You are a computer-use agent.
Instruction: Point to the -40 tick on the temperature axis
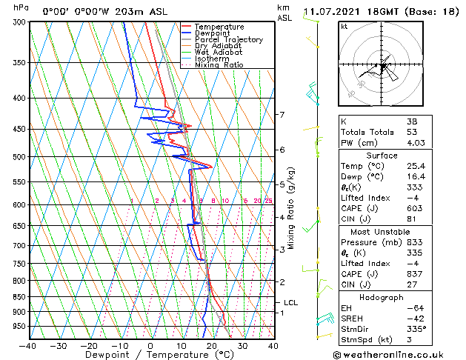[x=27, y=345]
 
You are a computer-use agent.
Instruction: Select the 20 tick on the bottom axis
[x=212, y=345]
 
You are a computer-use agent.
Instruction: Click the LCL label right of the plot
[x=290, y=302]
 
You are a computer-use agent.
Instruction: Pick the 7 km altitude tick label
[x=282, y=115]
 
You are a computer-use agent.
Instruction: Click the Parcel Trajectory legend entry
[x=228, y=39]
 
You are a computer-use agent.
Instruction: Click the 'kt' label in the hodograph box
[x=344, y=27]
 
